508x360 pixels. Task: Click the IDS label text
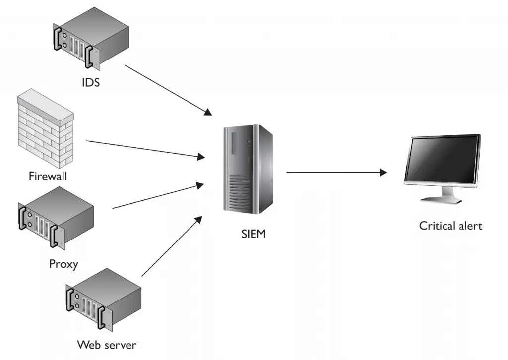[x=91, y=82]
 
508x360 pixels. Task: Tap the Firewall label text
[x=48, y=176]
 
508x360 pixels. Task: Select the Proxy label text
[x=63, y=264]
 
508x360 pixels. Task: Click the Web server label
[x=107, y=344]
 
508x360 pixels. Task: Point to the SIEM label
[x=253, y=234]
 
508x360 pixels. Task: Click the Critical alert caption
[x=450, y=226]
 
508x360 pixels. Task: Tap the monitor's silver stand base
[x=441, y=199]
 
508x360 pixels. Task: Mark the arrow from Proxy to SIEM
[x=158, y=196]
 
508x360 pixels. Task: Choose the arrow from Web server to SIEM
[x=172, y=246]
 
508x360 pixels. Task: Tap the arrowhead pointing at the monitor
[x=383, y=173]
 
